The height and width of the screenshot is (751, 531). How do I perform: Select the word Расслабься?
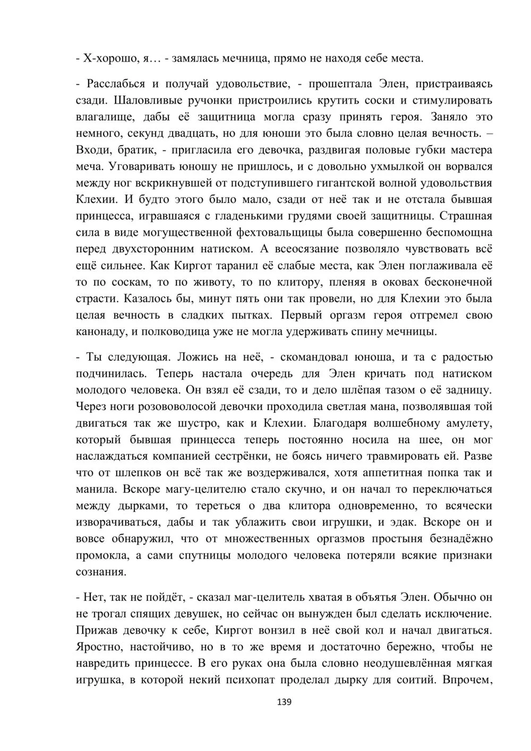[x=115, y=83]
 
